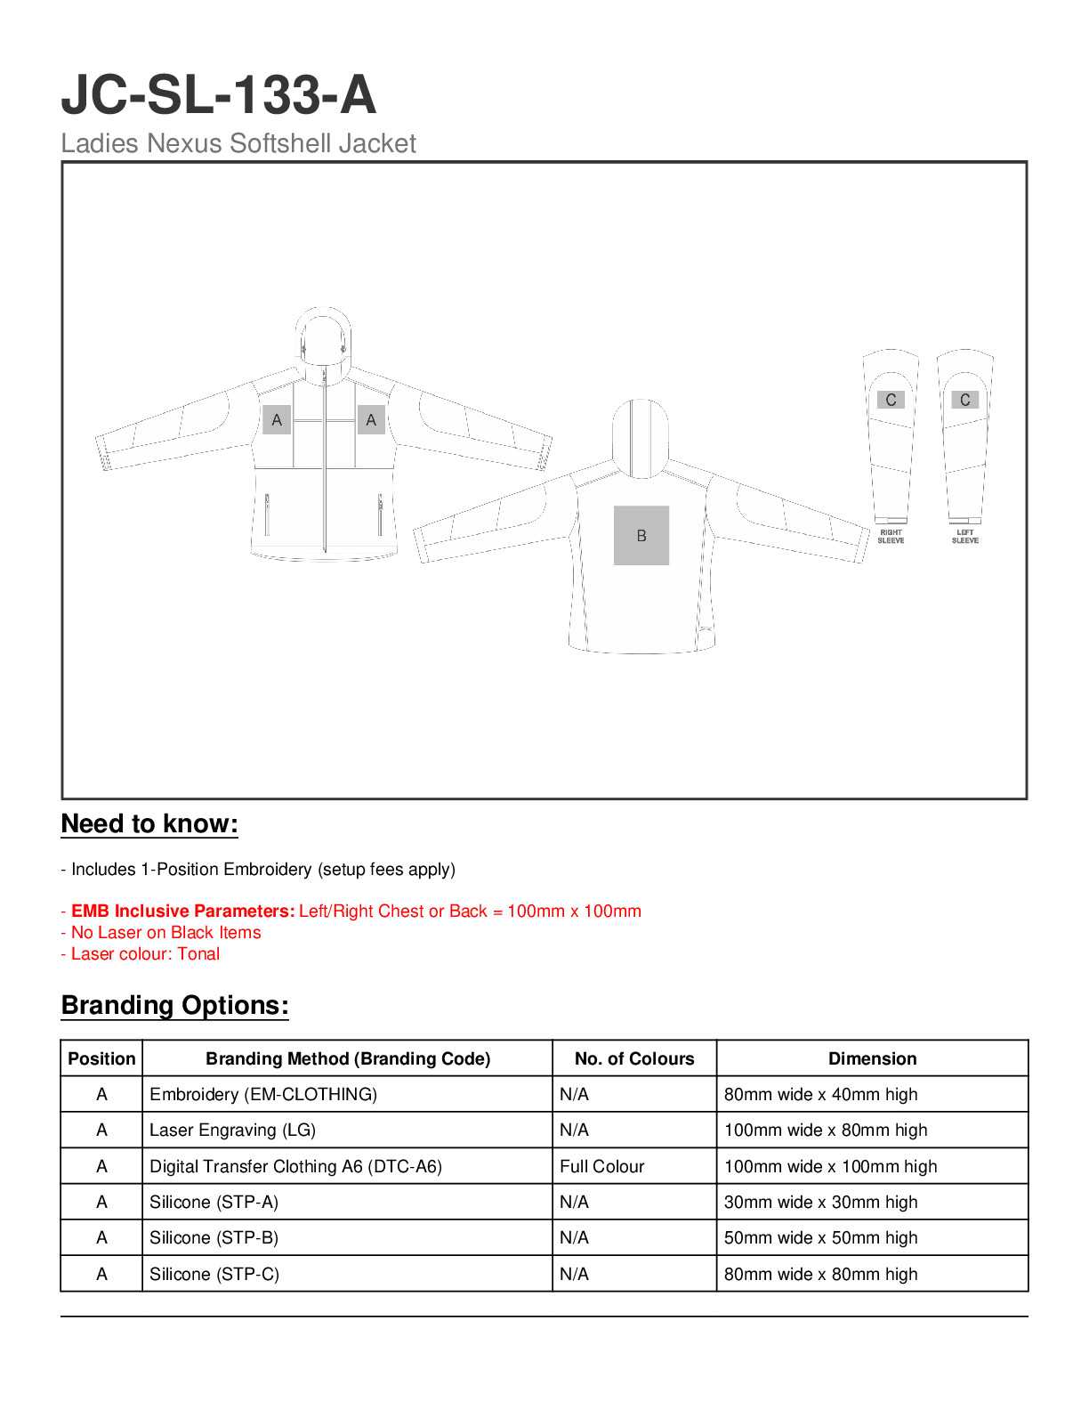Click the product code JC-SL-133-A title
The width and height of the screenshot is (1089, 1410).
click(219, 95)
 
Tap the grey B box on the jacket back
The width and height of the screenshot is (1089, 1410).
click(641, 536)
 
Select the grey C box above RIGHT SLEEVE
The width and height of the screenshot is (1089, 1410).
click(891, 400)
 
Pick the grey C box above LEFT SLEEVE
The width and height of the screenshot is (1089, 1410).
click(964, 400)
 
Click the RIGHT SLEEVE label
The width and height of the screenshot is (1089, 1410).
click(891, 537)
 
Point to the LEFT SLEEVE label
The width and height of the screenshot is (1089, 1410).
click(964, 537)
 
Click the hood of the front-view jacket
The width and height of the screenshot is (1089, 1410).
click(322, 336)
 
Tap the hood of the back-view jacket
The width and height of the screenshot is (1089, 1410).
click(640, 436)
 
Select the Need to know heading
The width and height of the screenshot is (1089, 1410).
click(149, 823)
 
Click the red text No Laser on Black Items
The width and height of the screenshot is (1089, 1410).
click(165, 932)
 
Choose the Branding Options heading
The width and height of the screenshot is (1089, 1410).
click(174, 1005)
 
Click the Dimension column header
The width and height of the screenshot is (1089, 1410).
click(872, 1058)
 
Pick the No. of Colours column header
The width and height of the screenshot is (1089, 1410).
click(634, 1058)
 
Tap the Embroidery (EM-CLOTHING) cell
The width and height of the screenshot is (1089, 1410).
click(263, 1094)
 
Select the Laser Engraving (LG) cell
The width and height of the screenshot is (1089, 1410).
click(232, 1130)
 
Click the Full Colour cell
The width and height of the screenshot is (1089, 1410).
click(601, 1166)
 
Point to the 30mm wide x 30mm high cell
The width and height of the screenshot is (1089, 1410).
click(820, 1202)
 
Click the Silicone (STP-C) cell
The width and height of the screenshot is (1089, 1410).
click(214, 1274)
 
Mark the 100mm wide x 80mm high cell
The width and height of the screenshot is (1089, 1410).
click(825, 1130)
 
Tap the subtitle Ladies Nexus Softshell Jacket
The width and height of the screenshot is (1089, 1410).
click(238, 143)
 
